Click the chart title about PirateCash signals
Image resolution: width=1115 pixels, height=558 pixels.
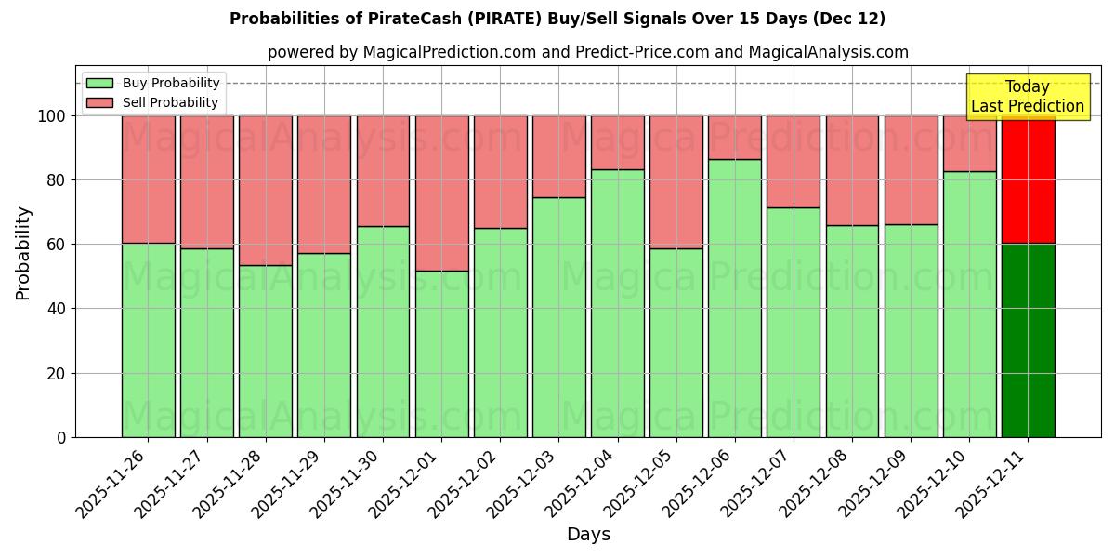[x=557, y=19]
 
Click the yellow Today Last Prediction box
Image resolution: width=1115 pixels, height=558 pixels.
[x=1027, y=97]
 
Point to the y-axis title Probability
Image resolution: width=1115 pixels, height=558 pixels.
[x=23, y=253]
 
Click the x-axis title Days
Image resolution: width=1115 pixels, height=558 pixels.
[x=588, y=535]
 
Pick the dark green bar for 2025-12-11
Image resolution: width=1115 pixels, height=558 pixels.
[x=1028, y=340]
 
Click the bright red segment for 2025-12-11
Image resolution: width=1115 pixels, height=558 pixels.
[x=1028, y=179]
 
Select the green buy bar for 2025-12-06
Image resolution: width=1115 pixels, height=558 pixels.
[x=735, y=298]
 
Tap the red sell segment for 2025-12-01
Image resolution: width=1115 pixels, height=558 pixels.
[x=441, y=193]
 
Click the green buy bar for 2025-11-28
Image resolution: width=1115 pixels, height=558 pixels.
[x=265, y=352]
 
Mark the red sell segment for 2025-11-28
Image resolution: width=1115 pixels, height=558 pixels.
[x=265, y=191]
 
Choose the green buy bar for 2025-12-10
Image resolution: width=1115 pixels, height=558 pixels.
[x=969, y=304]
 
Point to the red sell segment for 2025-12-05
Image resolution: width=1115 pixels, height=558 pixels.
[x=676, y=182]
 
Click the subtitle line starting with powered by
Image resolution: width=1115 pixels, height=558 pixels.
[x=587, y=52]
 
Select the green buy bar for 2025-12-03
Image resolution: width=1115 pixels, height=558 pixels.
[x=558, y=317]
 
